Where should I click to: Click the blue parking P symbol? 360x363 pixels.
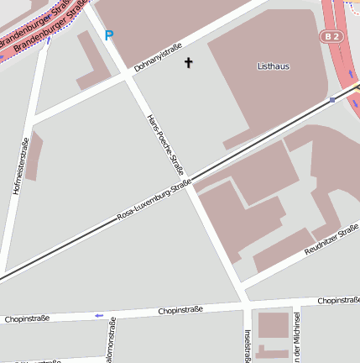pyautogui.click(x=109, y=35)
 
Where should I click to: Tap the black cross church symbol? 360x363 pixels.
pyautogui.click(x=188, y=62)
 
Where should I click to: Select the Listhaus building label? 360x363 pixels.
pyautogui.click(x=274, y=65)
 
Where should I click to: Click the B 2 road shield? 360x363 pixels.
pyautogui.click(x=331, y=36)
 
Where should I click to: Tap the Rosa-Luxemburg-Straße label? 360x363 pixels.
pyautogui.click(x=154, y=202)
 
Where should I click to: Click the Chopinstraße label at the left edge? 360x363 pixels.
pyautogui.click(x=27, y=319)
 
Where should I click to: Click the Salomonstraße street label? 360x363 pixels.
pyautogui.click(x=111, y=344)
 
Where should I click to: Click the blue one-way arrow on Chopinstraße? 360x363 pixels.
pyautogui.click(x=99, y=315)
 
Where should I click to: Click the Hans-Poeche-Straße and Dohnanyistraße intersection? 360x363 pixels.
pyautogui.click(x=126, y=76)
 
